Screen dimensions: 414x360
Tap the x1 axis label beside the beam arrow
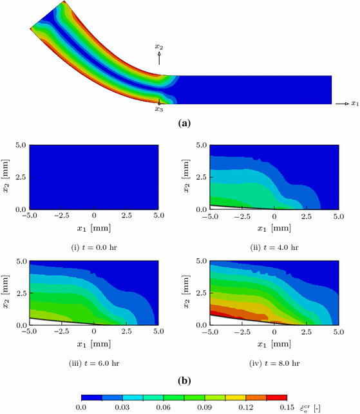click(354, 103)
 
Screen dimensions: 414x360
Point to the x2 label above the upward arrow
click(159, 47)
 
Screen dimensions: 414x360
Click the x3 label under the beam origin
click(159, 109)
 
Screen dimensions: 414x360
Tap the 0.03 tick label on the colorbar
click(122, 408)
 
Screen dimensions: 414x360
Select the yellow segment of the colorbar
click(236, 397)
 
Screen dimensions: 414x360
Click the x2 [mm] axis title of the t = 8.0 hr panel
click(187, 293)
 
